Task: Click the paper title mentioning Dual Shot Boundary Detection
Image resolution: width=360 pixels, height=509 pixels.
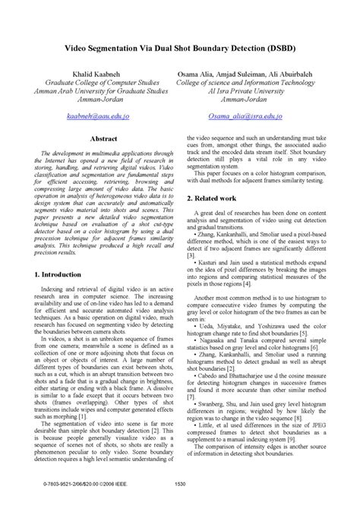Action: point(180,47)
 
